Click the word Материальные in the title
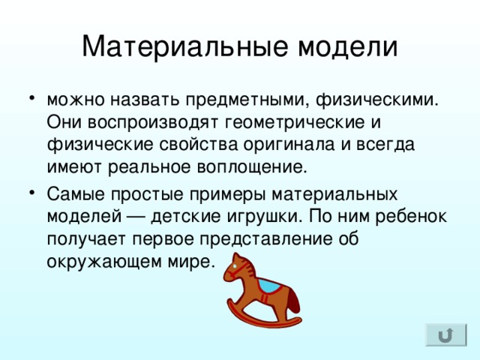click(185, 47)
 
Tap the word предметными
click(247, 100)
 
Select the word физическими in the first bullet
click(376, 100)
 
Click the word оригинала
click(289, 145)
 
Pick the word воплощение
click(252, 167)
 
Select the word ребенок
click(411, 215)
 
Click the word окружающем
click(104, 262)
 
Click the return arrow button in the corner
click(446, 335)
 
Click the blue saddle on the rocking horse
click(269, 286)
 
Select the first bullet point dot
click(31, 98)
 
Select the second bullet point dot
click(31, 193)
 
